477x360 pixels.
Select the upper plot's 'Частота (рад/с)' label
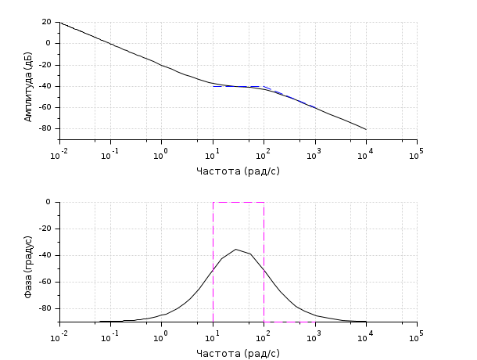[x=238, y=171]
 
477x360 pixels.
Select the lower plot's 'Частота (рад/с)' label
[x=238, y=353]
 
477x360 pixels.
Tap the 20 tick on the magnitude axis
[x=46, y=22]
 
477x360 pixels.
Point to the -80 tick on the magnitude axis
[x=44, y=128]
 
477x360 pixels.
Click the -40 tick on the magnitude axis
[x=44, y=86]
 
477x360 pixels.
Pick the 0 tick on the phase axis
[x=48, y=202]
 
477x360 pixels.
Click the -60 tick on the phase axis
[x=44, y=282]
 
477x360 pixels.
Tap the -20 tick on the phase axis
[x=44, y=229]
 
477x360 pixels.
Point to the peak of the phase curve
[x=236, y=249]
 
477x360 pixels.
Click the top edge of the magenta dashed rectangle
[x=238, y=202]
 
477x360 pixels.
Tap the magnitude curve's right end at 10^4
[x=366, y=129]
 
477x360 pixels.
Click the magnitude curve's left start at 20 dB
[x=60, y=23]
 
